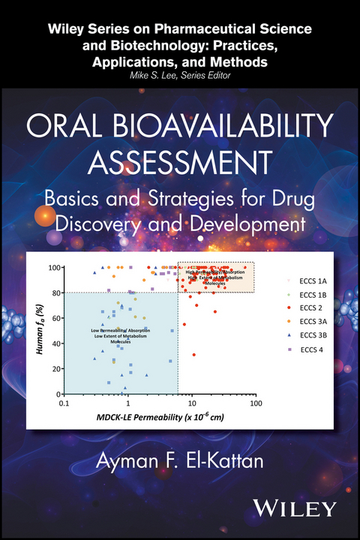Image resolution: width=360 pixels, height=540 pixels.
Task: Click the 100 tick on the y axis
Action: [53, 268]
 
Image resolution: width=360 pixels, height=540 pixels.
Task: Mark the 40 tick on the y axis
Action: [55, 343]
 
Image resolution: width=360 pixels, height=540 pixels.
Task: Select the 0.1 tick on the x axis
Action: [65, 403]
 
